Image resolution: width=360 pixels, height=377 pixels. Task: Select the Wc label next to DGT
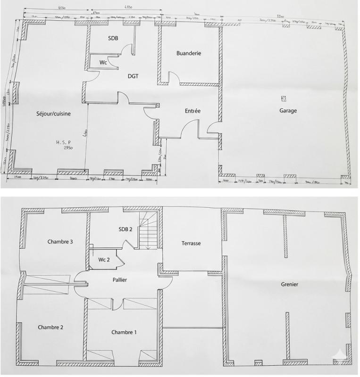(103, 62)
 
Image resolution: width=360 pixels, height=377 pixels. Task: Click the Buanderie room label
(189, 53)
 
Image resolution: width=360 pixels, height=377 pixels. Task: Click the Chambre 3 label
(59, 242)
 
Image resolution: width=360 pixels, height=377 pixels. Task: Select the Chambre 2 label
(50, 327)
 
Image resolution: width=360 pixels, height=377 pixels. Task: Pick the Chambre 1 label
(124, 332)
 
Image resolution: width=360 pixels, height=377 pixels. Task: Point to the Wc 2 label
(105, 260)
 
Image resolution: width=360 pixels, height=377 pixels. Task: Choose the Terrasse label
(191, 244)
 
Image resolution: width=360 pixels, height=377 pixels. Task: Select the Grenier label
(289, 284)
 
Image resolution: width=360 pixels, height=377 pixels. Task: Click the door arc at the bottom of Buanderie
(174, 78)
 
